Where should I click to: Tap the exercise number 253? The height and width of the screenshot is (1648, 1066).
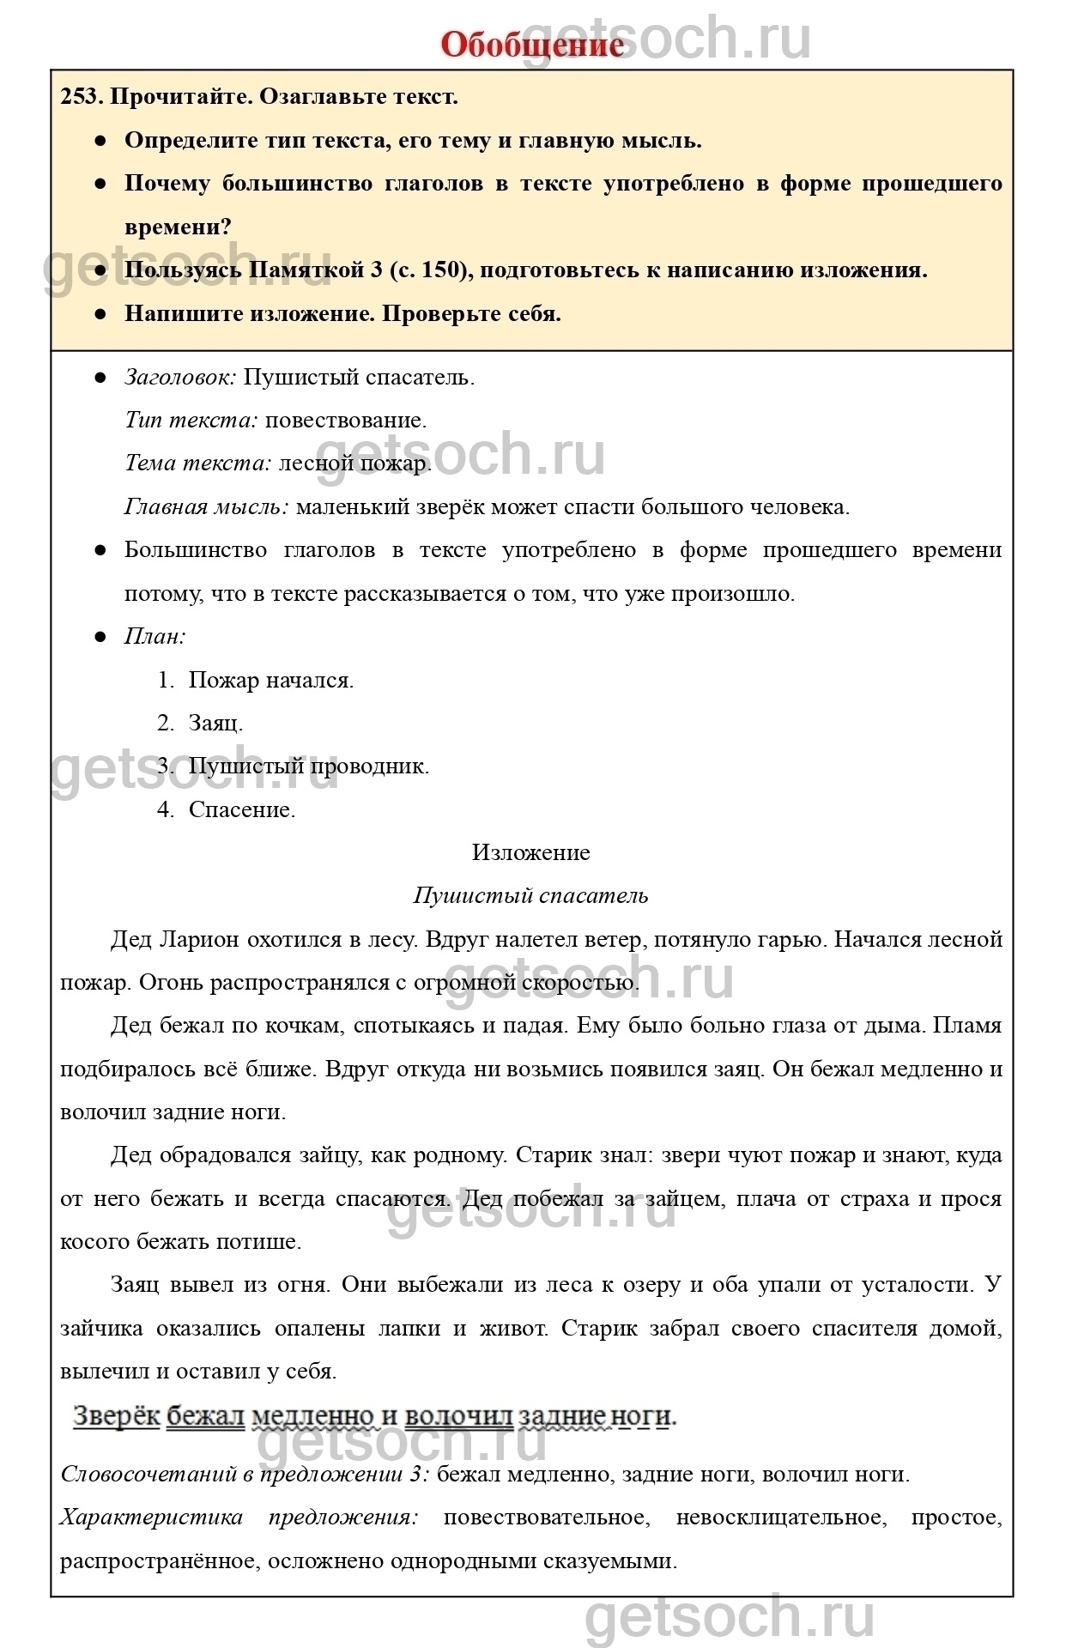click(82, 96)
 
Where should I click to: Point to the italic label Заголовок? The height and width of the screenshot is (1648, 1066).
click(180, 377)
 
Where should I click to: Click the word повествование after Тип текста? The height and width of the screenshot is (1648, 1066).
click(345, 420)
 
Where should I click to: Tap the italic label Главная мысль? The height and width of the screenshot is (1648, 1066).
click(207, 506)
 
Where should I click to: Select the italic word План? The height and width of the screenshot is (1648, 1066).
click(155, 636)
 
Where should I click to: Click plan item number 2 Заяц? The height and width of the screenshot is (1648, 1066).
click(215, 723)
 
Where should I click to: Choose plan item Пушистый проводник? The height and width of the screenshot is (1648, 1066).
click(309, 766)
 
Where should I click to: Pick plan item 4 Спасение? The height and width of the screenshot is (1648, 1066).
click(242, 809)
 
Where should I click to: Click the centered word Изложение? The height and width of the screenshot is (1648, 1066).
click(531, 852)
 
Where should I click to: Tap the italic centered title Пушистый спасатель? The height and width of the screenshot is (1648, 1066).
click(531, 895)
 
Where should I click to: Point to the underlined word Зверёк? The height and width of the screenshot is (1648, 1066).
click(117, 1415)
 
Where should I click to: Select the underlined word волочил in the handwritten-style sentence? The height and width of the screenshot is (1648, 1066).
click(458, 1415)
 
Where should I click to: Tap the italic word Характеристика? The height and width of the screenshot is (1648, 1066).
click(151, 1517)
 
